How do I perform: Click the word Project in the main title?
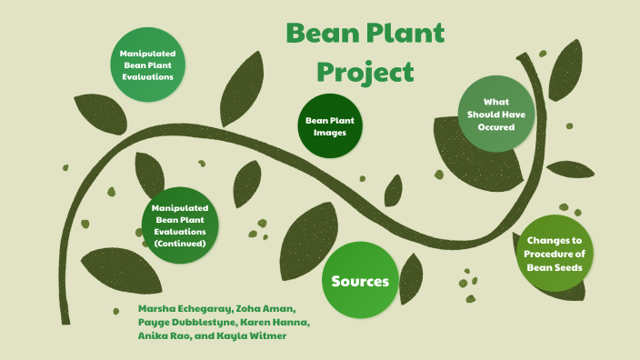(x=365, y=72)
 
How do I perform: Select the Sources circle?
(x=360, y=281)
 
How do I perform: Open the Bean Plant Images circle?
(x=330, y=126)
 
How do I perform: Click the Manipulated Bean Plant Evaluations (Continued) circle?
(x=180, y=225)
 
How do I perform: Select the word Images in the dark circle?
(x=330, y=134)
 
